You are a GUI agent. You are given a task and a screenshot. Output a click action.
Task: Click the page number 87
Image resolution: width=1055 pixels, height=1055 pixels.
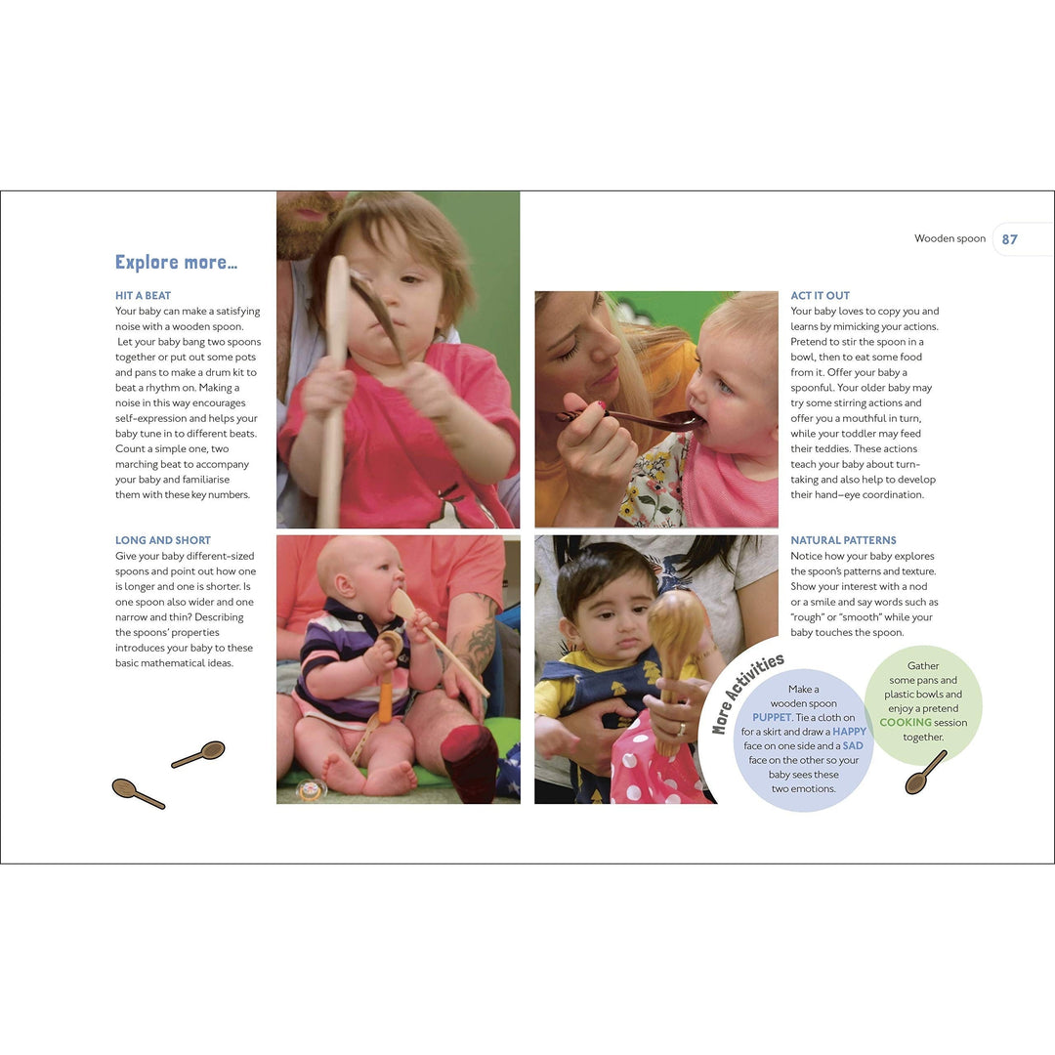coord(1009,239)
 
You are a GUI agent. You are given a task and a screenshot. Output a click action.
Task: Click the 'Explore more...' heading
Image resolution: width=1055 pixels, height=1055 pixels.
coord(176,262)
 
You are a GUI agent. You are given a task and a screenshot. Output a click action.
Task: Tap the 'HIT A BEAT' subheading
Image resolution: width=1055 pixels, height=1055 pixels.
coord(143,295)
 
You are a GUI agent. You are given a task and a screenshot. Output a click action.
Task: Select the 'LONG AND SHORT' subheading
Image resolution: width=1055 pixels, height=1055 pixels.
coord(163,540)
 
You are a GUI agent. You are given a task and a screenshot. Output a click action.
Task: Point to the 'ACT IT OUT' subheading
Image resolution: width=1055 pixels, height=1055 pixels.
coord(820,295)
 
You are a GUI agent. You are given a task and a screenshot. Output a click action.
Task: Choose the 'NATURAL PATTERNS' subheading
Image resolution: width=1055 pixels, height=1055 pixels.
coord(843,540)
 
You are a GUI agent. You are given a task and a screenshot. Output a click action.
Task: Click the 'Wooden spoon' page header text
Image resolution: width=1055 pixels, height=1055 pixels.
coord(949,238)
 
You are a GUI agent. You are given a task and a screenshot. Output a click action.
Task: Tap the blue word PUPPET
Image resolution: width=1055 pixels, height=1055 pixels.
coord(772,717)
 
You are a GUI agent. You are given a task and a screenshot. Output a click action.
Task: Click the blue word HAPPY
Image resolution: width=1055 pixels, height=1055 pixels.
coord(849,732)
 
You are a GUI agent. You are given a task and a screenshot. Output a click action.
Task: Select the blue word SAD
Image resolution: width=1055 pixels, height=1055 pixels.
coord(853,745)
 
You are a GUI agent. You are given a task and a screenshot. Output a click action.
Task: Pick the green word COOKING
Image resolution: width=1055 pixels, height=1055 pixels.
coord(906,722)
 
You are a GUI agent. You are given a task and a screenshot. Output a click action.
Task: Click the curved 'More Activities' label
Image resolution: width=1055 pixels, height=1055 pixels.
coord(747,693)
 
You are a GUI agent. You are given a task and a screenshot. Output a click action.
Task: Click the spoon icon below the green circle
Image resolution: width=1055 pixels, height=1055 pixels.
coord(926,772)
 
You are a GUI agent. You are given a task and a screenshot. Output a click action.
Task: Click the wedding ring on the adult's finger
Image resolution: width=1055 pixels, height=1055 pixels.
coord(681,728)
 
